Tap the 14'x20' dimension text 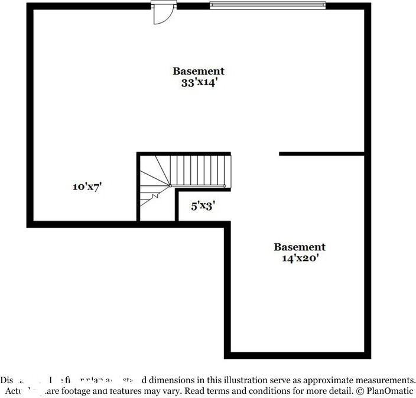[x=299, y=258]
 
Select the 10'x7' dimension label [x=88, y=187]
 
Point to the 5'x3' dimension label [x=203, y=206]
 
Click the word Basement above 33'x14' [x=199, y=71]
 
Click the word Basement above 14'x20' [x=299, y=247]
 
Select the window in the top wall [x=268, y=6]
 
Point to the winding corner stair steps [x=154, y=184]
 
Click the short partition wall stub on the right [x=321, y=154]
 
